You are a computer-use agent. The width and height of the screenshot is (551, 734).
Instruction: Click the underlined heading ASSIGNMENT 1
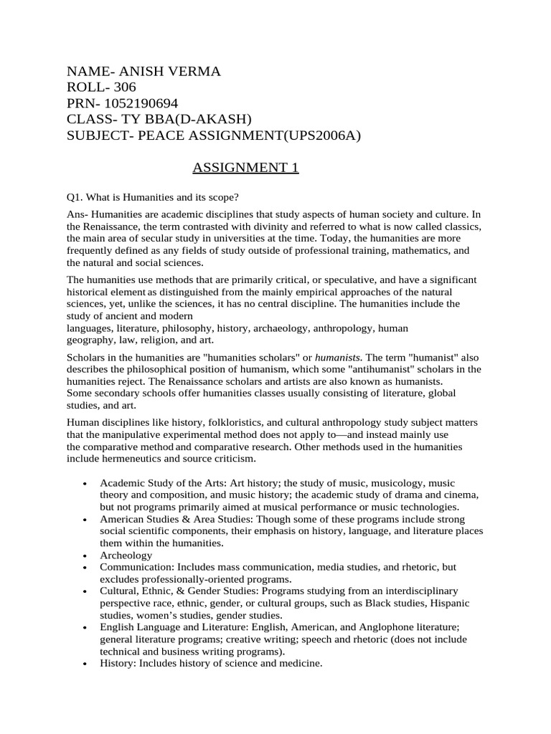(x=245, y=168)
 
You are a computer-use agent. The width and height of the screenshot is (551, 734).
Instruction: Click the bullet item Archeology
(x=126, y=555)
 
